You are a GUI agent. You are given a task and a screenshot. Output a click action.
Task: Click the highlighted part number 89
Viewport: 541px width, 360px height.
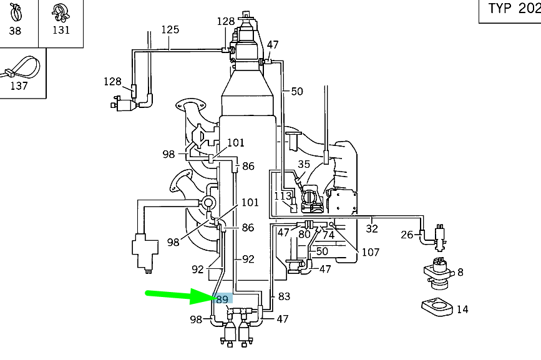click(x=223, y=299)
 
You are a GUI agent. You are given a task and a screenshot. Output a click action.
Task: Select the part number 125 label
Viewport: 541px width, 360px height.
click(x=170, y=29)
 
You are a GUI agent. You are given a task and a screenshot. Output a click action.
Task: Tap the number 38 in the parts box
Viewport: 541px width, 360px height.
click(x=15, y=31)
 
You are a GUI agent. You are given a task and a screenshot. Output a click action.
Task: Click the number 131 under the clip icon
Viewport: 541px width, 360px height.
click(x=61, y=30)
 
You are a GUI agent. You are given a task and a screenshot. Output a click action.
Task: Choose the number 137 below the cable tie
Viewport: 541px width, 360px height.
click(x=19, y=85)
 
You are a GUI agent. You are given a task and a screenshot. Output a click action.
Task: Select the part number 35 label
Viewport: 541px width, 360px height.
click(x=304, y=165)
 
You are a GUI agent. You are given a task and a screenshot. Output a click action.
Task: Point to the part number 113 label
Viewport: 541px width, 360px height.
click(x=283, y=196)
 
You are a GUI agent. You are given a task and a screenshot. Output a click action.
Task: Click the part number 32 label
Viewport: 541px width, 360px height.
click(x=372, y=228)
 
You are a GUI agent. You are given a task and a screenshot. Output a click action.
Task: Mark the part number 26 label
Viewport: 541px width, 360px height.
click(x=407, y=235)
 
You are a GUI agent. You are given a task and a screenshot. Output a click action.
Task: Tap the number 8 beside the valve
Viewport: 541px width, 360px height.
click(x=460, y=272)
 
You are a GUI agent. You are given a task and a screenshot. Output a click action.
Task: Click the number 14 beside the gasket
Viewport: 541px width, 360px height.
click(x=462, y=309)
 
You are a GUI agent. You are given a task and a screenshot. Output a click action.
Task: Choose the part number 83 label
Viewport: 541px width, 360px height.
click(x=284, y=297)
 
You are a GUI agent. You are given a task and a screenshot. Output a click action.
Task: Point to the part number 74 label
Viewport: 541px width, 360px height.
click(x=328, y=235)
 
